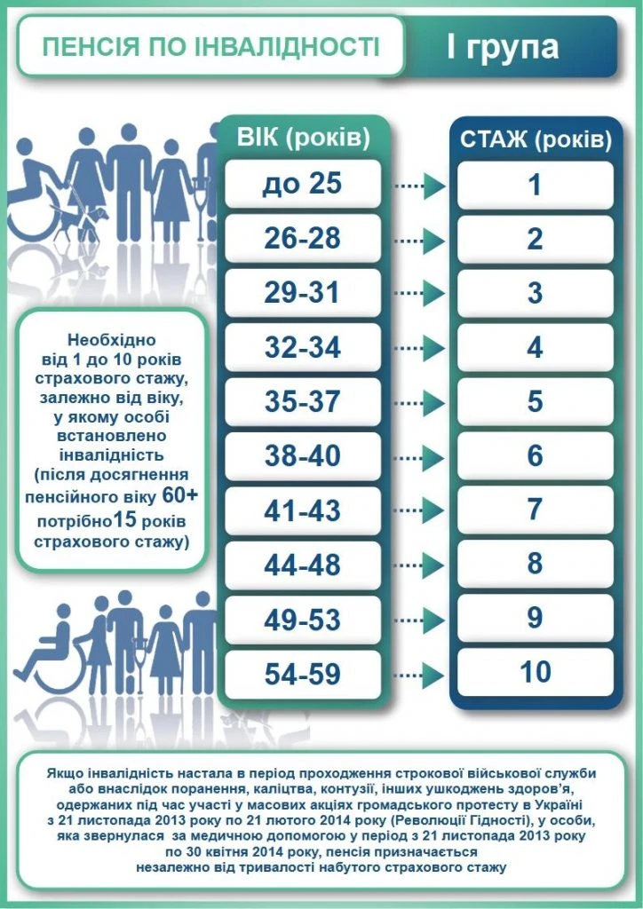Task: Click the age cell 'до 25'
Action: (303, 185)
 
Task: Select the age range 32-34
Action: (303, 347)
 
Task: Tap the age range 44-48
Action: (303, 564)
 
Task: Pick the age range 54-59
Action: (303, 673)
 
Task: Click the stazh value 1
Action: (535, 185)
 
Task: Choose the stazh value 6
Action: (535, 455)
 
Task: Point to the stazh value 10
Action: (535, 672)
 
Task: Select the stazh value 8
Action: (535, 564)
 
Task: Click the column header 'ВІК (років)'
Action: (303, 137)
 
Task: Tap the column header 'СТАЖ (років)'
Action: (535, 139)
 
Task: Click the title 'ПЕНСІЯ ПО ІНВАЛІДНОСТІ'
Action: (210, 45)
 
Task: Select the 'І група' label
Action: (503, 47)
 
